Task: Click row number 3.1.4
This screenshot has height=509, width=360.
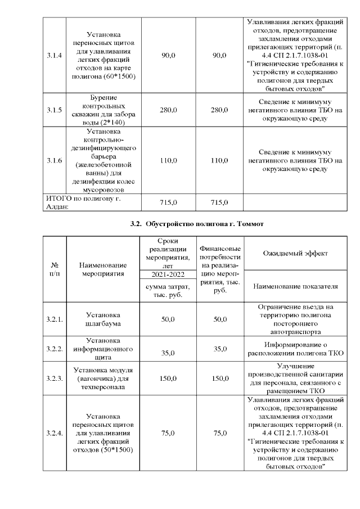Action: pos(55,55)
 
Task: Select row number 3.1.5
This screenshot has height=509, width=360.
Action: pos(55,110)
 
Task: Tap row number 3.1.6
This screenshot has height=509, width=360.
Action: pos(55,160)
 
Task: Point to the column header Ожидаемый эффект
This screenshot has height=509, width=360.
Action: pos(295,253)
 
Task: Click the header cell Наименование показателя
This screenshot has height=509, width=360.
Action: pos(295,286)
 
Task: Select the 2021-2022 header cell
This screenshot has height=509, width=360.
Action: pos(168,274)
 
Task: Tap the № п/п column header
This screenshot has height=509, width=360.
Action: pos(55,268)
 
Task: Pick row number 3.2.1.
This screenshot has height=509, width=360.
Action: pos(55,319)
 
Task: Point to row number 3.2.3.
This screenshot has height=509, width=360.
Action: pos(55,379)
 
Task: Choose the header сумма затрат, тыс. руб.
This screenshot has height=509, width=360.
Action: pos(168,290)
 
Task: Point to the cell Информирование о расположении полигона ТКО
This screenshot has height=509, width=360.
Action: pos(295,349)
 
